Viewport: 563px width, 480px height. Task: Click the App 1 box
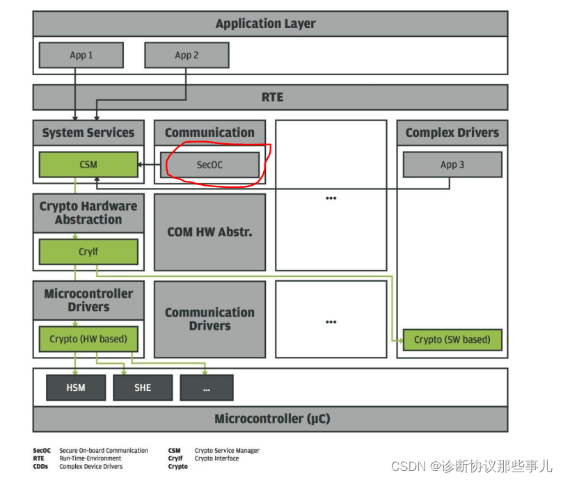tap(81, 55)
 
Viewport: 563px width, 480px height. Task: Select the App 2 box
tap(187, 55)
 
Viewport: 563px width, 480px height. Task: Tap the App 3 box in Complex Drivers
tap(452, 165)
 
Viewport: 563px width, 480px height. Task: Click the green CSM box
tap(88, 165)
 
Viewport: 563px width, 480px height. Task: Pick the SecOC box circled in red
tap(209, 165)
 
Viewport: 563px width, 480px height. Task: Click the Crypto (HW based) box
tap(88, 339)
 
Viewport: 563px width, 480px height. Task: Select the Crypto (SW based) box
tap(452, 339)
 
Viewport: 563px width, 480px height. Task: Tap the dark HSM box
tap(76, 387)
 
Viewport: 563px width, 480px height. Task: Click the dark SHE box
tap(143, 387)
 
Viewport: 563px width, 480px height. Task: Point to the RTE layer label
tap(272, 97)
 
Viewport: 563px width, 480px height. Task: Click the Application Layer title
tap(265, 24)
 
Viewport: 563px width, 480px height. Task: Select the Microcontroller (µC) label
tap(272, 419)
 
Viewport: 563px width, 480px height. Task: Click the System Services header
tap(88, 133)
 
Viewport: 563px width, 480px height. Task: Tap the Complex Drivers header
tap(452, 133)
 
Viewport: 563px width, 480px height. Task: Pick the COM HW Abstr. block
tap(209, 232)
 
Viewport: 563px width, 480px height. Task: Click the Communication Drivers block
tap(209, 319)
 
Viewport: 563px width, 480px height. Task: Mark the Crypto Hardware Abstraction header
tap(88, 213)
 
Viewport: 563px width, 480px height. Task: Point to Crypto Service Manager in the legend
tap(227, 451)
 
